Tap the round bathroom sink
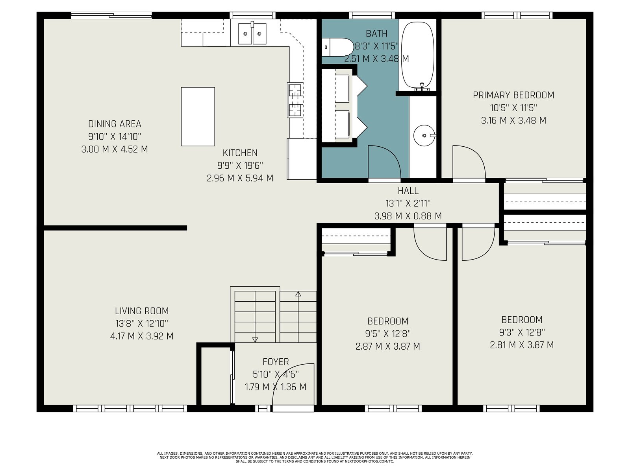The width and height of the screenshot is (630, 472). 424,136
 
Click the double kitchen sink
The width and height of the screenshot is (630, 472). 252,33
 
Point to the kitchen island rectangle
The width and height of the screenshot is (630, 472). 198,117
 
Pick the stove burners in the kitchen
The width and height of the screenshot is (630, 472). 295,100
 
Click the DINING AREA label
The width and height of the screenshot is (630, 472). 115,124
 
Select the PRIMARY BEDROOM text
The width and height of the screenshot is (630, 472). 513,95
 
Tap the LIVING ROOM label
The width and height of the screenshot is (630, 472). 142,311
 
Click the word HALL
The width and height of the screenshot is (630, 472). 408,191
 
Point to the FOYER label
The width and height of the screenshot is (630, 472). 276,361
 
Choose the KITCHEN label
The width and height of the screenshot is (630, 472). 240,153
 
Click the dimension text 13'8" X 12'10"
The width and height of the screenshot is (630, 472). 142,324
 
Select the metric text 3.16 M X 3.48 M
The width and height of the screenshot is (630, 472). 513,120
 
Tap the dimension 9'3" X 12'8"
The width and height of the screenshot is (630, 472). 522,332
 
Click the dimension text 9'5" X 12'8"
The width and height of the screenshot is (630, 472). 388,334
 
